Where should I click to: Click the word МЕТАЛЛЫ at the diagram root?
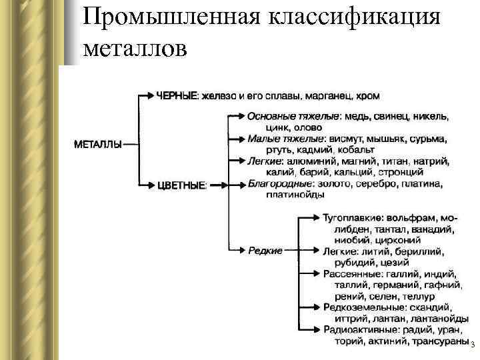(97, 143)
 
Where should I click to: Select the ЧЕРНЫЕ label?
(177, 96)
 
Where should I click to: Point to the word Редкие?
(265, 250)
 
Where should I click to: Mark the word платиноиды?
(295, 195)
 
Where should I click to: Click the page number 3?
(472, 345)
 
